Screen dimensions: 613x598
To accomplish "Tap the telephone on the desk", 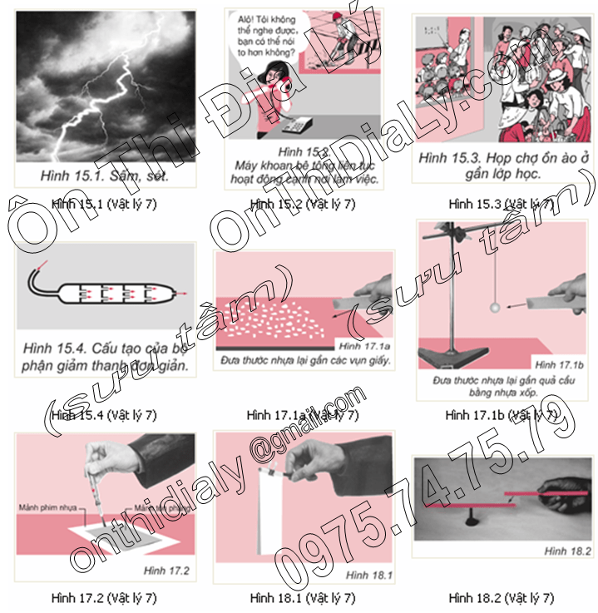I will pos(292,126).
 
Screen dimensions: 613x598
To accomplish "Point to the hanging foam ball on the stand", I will pos(495,308).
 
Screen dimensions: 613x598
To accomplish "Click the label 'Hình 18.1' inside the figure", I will pos(366,574).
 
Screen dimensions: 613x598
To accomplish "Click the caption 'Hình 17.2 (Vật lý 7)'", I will pos(103,597).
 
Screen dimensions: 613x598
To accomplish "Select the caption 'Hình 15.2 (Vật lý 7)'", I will pos(302,203).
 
